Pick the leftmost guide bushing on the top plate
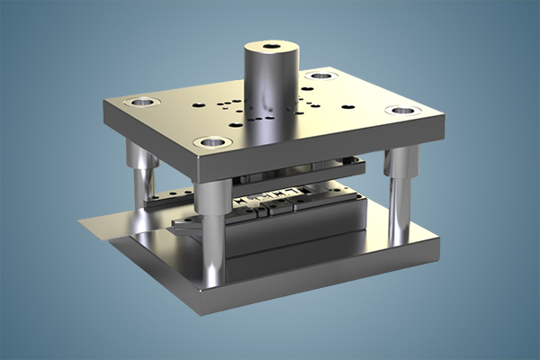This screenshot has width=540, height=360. (x=141, y=102)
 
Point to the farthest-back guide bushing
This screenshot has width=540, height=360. (x=319, y=76)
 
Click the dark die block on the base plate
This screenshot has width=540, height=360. (x=297, y=234)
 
